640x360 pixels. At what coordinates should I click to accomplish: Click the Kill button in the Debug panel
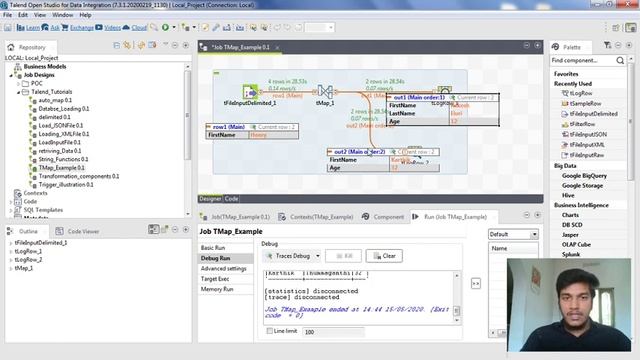tap(342, 256)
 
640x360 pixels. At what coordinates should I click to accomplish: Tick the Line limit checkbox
tap(267, 331)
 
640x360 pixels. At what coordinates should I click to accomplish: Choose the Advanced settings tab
tap(223, 268)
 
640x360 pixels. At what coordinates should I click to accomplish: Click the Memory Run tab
tap(217, 289)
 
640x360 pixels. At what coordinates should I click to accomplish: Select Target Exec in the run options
tap(216, 278)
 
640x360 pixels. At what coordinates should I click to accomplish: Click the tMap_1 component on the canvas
tap(324, 91)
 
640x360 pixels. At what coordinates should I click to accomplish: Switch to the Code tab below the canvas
tap(231, 198)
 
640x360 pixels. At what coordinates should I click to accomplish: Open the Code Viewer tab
tap(83, 231)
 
